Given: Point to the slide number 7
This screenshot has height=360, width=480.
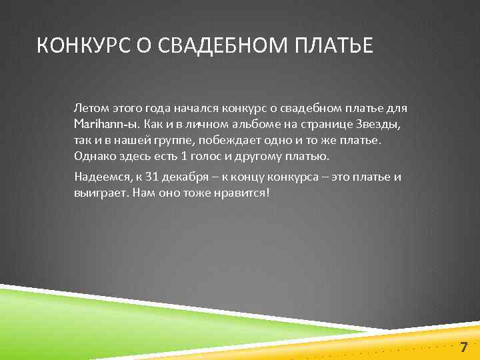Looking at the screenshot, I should tap(464, 346).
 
